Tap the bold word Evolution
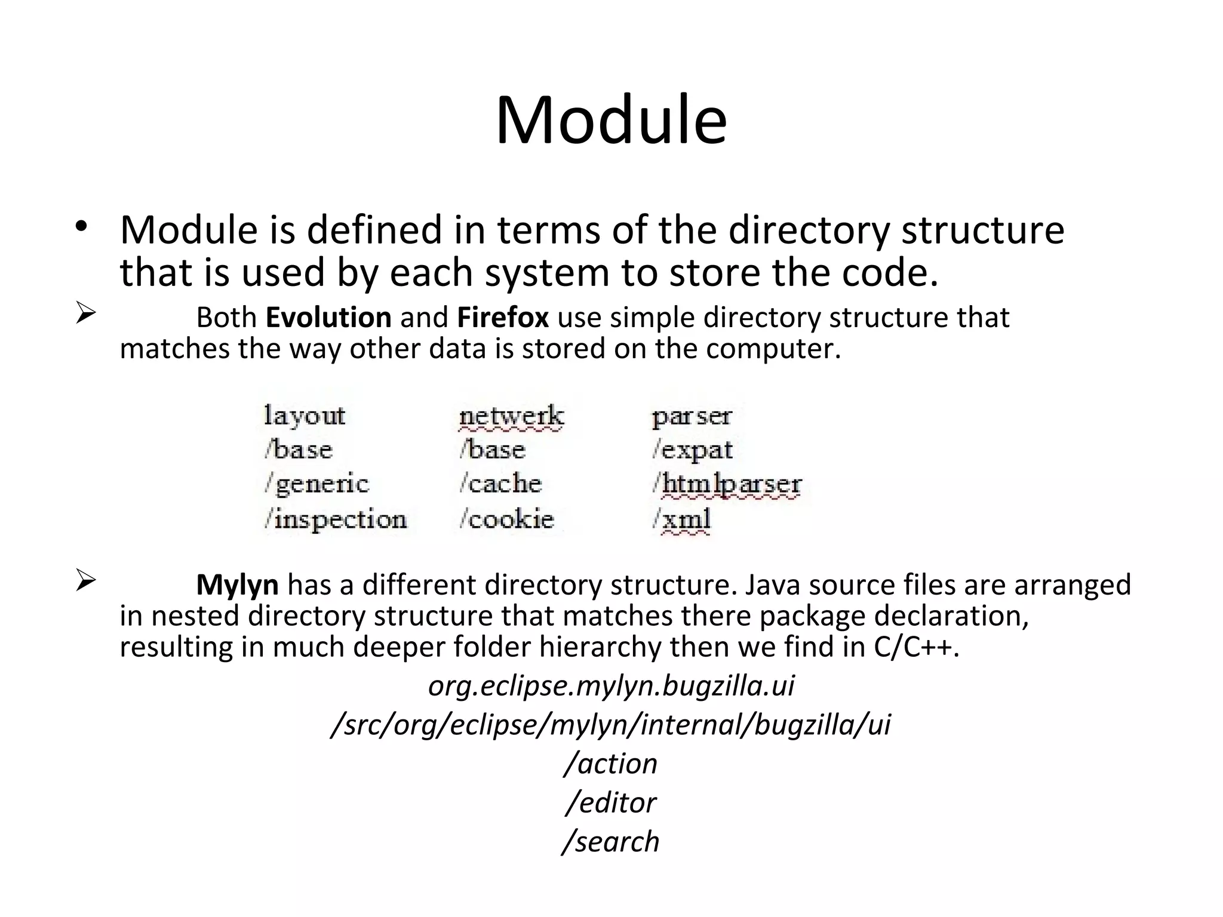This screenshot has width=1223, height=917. [328, 317]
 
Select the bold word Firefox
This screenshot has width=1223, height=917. [502, 317]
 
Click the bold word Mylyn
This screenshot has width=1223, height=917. [237, 584]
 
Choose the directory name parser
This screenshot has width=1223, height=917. [692, 417]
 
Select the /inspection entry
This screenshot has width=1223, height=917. [336, 519]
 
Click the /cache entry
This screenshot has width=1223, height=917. [500, 484]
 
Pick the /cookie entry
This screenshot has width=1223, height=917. [506, 519]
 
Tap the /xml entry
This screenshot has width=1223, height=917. [681, 519]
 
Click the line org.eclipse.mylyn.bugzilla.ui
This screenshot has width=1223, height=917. [611, 685]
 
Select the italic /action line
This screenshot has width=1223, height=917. [610, 764]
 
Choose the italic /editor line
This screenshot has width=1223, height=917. [610, 802]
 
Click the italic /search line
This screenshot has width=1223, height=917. [610, 841]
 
